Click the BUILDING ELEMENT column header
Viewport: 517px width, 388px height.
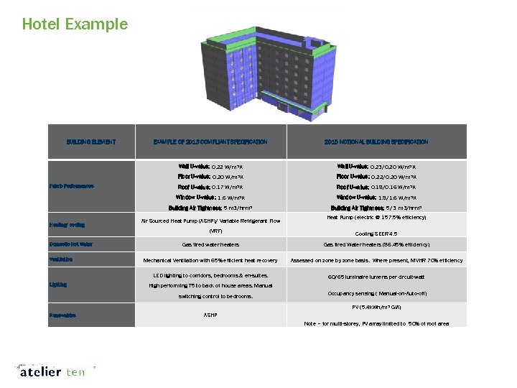(91, 142)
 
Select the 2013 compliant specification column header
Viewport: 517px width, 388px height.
(210, 142)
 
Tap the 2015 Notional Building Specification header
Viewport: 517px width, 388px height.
(376, 142)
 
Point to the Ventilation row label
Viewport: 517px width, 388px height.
(62, 259)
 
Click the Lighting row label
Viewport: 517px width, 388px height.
(58, 285)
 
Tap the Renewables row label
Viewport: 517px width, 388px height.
(64, 315)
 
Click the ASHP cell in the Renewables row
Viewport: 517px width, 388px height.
(210, 315)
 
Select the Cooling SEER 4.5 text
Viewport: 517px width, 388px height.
(376, 234)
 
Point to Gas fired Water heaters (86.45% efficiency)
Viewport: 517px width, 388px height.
(376, 245)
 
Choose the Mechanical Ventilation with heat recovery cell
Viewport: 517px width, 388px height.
(210, 260)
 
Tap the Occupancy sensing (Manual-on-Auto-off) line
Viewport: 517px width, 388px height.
(376, 293)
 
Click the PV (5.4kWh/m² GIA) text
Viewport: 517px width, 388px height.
(376, 308)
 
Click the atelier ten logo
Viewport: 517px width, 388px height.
(54, 372)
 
